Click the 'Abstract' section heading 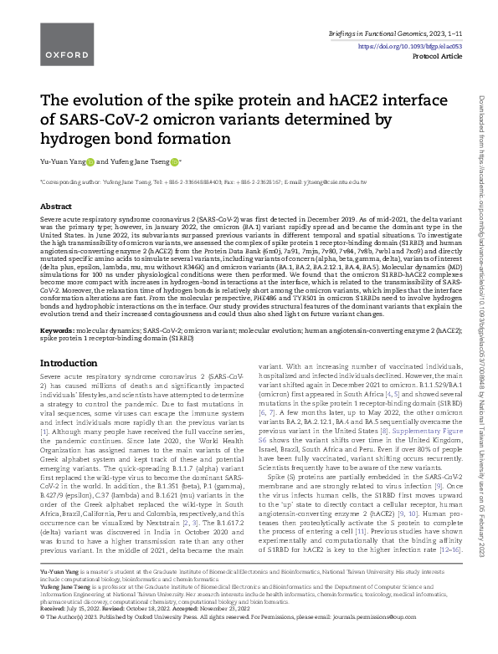click(56, 206)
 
